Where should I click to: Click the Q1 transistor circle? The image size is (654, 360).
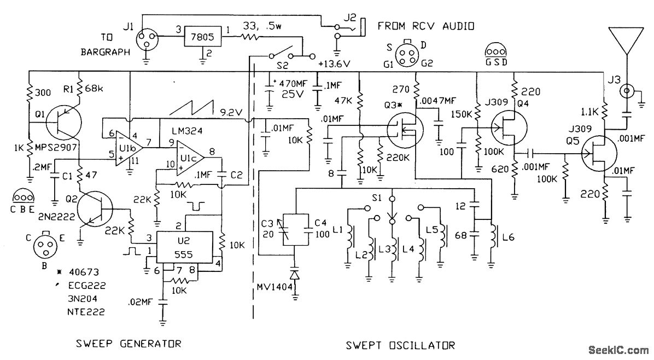tap(63, 122)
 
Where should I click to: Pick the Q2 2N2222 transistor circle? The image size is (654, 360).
tap(96, 209)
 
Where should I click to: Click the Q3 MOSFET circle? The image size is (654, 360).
tap(404, 127)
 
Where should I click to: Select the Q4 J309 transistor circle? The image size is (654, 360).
tap(509, 128)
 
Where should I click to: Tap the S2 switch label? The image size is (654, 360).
tap(282, 66)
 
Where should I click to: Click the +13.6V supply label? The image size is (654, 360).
tap(334, 64)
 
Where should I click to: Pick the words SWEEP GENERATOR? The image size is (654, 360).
tap(129, 344)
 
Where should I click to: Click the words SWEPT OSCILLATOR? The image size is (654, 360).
tap(400, 345)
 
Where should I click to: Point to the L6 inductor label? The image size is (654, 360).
tap(509, 237)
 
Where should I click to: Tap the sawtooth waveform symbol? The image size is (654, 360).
tap(191, 108)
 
